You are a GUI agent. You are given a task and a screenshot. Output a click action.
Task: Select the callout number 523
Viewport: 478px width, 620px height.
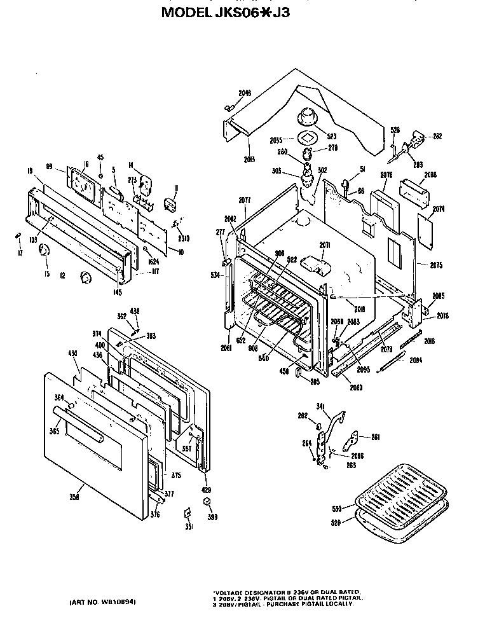pos(331,136)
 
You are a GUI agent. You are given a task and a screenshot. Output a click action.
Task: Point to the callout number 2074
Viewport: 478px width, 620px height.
pos(438,209)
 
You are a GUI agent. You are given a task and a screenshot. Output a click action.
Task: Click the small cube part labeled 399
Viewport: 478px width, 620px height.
pos(207,502)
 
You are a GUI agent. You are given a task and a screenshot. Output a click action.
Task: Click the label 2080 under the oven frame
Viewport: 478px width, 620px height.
pos(356,387)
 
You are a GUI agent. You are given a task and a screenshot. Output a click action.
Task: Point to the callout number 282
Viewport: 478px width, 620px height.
pos(437,135)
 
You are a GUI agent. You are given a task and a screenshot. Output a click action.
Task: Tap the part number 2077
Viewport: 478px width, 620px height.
pos(245,200)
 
